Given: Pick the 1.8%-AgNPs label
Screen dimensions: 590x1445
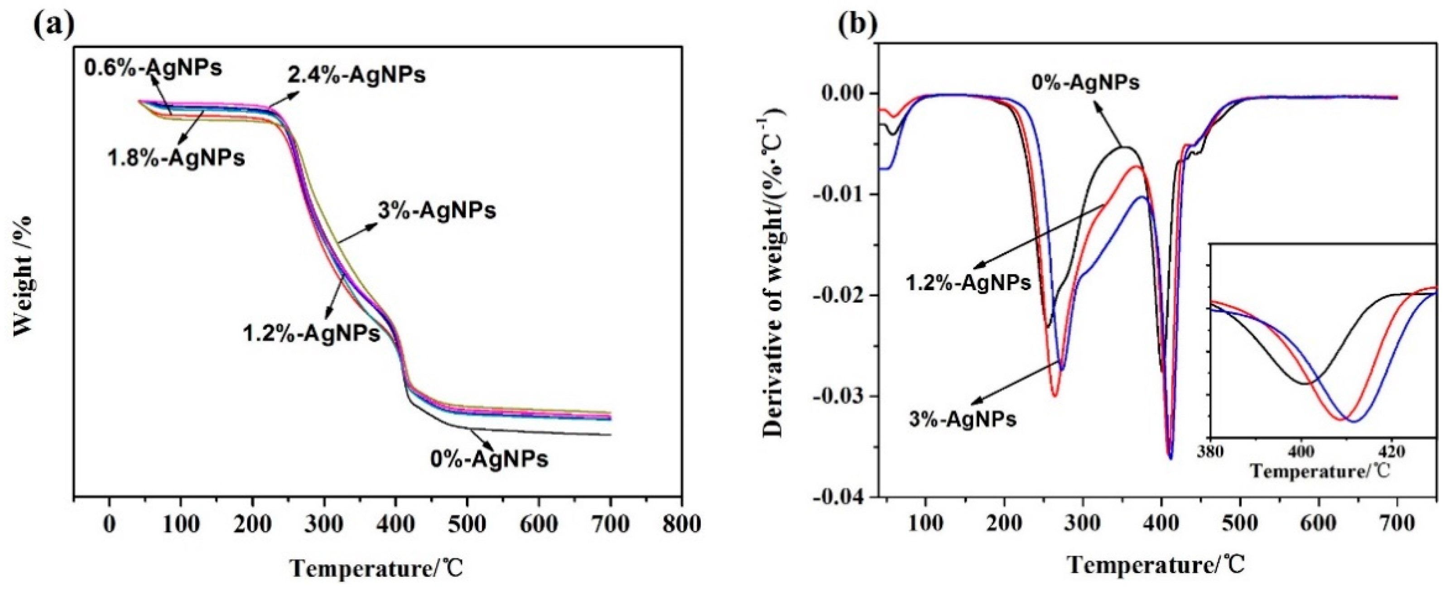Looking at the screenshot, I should (x=176, y=158).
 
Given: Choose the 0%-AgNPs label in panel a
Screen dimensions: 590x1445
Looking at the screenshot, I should (x=489, y=459).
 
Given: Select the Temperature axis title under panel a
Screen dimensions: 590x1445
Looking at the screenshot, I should (x=377, y=569).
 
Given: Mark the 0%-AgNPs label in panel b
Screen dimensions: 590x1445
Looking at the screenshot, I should (x=1085, y=83).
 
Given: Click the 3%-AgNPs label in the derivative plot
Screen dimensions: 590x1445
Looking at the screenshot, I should (x=963, y=418).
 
